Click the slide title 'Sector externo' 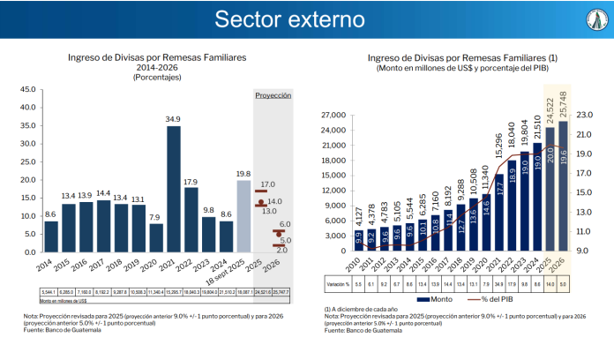tap(306, 19)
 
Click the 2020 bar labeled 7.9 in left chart tap(156, 237)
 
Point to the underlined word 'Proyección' tap(273, 94)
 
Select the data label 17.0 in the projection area tap(267, 184)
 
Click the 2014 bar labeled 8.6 tap(51, 236)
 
